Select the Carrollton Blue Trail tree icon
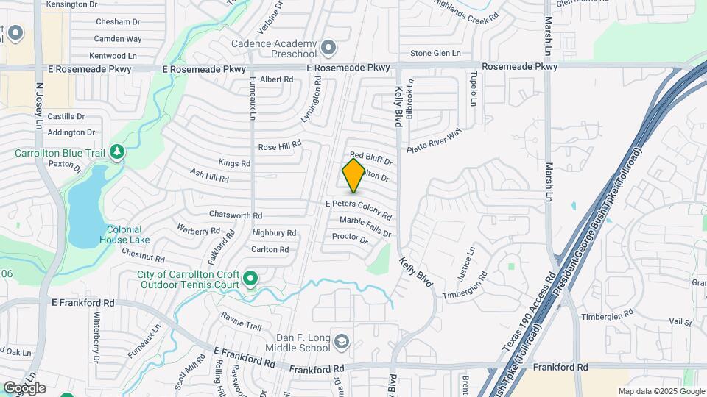point(116,152)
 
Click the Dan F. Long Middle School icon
point(342,341)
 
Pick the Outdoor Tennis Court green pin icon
point(250,279)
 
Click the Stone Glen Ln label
point(435,53)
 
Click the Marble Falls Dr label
point(365,226)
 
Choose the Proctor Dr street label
point(350,237)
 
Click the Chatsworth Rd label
point(236,215)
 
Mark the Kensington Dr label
point(71,4)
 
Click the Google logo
point(24,387)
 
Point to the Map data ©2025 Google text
point(661,391)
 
